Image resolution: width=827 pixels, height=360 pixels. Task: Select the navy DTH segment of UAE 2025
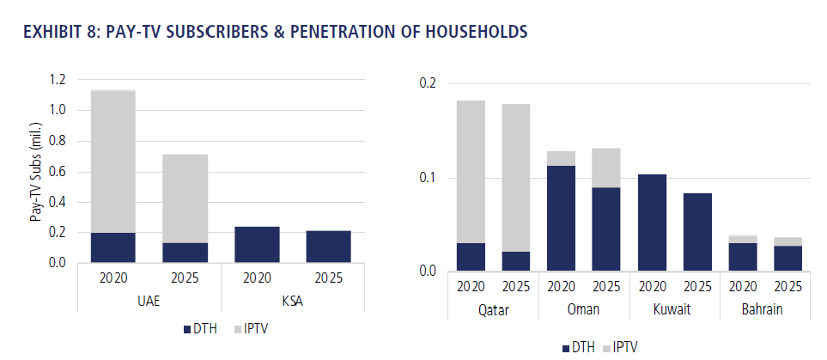point(185,252)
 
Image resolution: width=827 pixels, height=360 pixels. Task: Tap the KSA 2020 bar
point(257,244)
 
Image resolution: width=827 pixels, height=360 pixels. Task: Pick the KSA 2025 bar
point(328,247)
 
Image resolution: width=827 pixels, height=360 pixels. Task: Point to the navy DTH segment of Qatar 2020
point(471,257)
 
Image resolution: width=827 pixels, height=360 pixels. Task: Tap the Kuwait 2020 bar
point(651,223)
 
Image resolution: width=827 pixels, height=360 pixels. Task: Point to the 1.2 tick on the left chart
point(58,80)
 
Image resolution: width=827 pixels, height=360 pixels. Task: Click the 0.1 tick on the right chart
point(427,178)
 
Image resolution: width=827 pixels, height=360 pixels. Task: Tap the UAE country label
point(149,302)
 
